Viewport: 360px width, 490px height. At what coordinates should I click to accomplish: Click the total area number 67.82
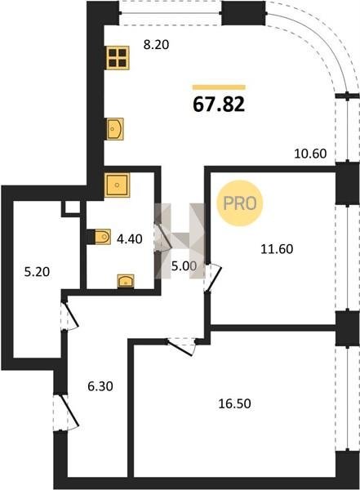(x=219, y=104)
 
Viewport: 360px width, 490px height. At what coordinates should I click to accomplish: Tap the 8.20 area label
(x=156, y=45)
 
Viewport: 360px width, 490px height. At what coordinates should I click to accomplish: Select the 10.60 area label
(x=310, y=154)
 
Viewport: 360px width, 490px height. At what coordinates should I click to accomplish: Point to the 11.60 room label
(x=277, y=249)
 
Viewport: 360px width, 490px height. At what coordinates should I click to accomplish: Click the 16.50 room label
(x=234, y=403)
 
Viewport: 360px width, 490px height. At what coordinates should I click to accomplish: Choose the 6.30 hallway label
(x=100, y=386)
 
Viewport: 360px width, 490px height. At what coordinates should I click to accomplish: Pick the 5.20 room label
(x=37, y=272)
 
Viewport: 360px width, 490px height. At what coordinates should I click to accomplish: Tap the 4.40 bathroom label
(x=129, y=239)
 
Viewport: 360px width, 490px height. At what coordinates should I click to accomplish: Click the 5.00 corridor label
(x=184, y=266)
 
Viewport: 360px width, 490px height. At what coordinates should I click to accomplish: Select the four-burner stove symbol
(x=118, y=57)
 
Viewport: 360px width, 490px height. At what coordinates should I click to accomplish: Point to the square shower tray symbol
(x=117, y=185)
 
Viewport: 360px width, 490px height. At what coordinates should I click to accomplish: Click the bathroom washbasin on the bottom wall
(x=126, y=281)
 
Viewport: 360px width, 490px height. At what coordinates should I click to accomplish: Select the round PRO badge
(x=240, y=203)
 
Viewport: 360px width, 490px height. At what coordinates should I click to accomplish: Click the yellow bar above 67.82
(x=219, y=87)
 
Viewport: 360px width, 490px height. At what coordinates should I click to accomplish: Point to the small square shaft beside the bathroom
(x=71, y=207)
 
